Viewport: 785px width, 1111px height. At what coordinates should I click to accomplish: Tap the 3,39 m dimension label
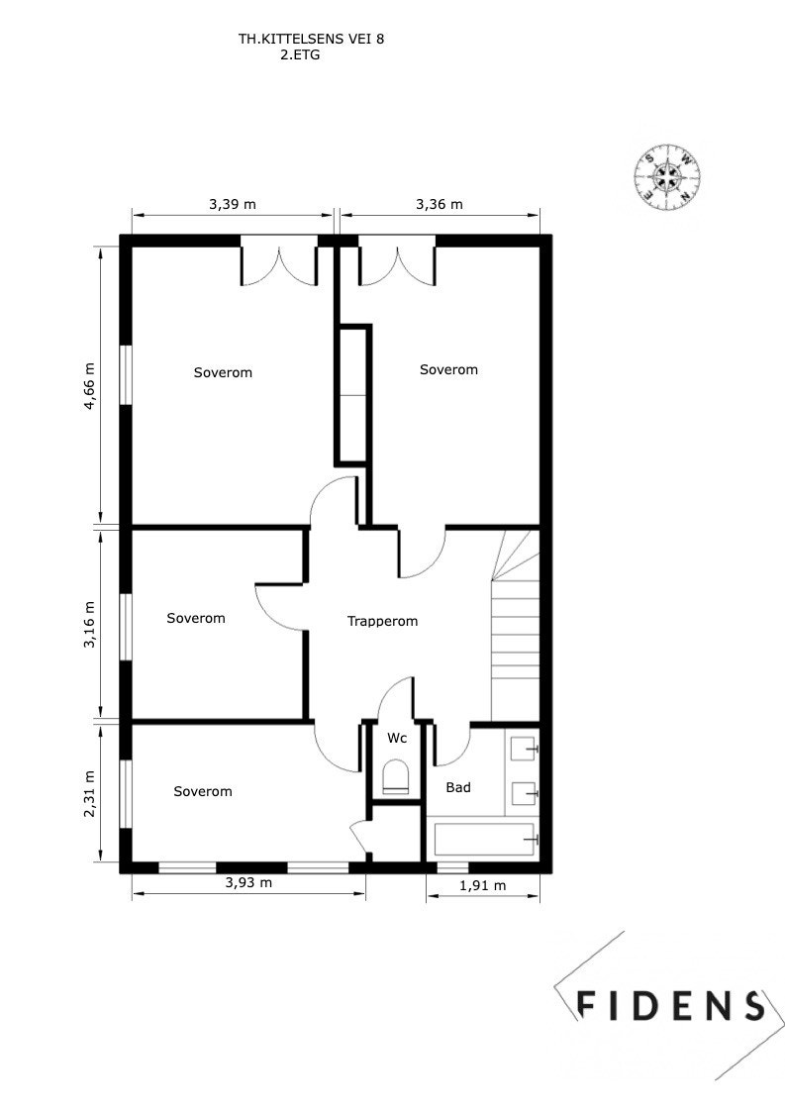(232, 205)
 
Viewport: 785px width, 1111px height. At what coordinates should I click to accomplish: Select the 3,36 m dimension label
(439, 205)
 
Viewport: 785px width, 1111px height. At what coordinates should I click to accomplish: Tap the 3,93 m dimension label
(247, 883)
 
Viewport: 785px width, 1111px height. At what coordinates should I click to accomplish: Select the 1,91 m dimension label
(482, 886)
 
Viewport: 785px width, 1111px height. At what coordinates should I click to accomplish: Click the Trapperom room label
(382, 622)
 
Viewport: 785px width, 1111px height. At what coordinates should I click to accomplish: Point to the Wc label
(397, 739)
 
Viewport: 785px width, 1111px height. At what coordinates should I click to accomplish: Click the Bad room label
(457, 788)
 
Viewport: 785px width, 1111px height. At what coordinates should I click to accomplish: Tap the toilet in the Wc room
(396, 776)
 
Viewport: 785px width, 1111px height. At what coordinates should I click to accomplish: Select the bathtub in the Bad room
(485, 840)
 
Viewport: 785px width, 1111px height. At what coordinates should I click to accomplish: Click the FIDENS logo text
(670, 1006)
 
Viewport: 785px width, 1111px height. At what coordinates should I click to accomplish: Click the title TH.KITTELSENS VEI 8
(311, 41)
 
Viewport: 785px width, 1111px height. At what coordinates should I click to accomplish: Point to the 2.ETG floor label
(300, 56)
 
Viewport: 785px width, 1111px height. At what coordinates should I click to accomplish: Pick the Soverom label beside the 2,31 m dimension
(202, 792)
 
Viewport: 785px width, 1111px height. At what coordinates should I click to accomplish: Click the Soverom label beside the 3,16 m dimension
(196, 619)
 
